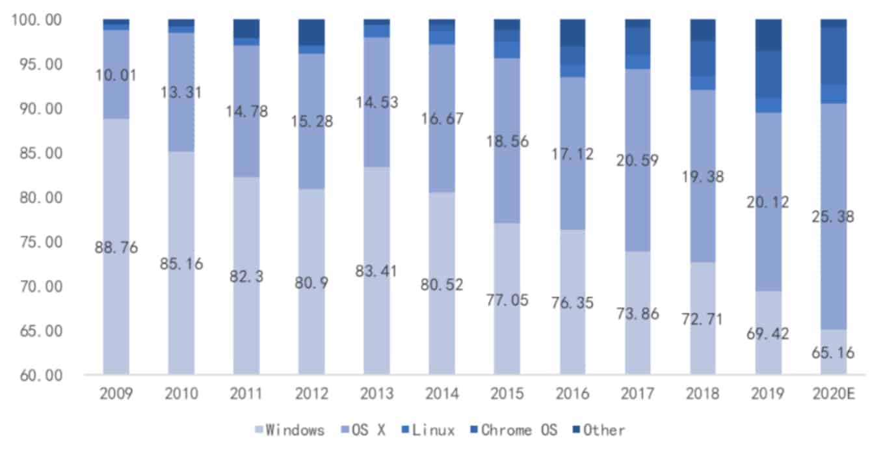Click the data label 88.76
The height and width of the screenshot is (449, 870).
(x=116, y=247)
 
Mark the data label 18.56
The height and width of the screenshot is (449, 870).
(x=508, y=141)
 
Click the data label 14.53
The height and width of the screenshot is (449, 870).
(x=377, y=102)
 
